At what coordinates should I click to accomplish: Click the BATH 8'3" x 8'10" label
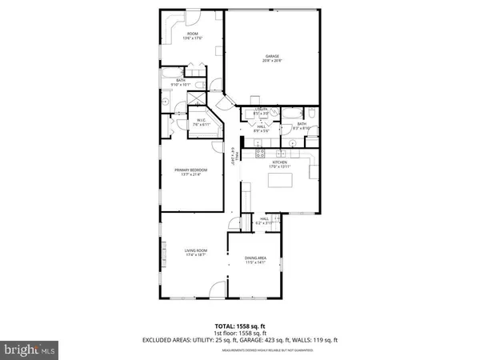301,126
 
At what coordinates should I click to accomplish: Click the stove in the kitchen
259,152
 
